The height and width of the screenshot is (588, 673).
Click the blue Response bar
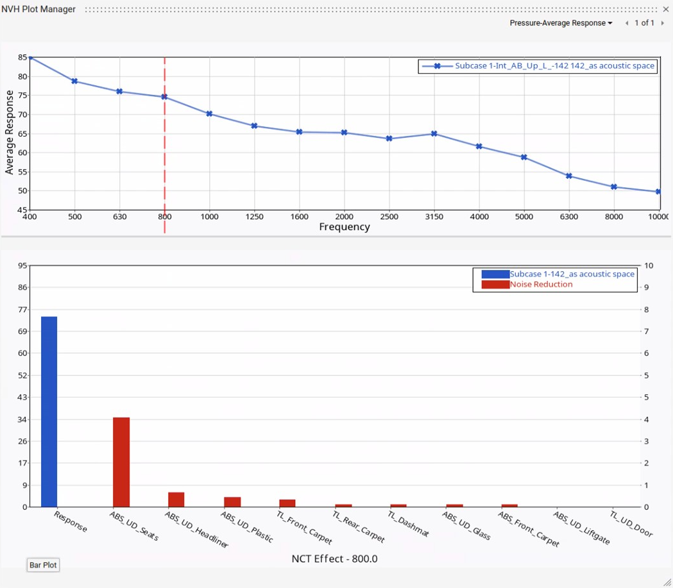49,411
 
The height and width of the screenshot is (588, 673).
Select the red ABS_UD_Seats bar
121,462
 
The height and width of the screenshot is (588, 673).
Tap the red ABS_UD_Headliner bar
176,500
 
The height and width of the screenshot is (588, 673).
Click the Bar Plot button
43,565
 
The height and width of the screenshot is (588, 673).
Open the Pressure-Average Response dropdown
561,23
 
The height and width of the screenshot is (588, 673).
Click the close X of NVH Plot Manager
665,9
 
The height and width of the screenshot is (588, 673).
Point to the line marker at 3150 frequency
434,134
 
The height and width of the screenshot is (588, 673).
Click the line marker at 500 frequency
74,81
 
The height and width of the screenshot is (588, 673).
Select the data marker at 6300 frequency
569,176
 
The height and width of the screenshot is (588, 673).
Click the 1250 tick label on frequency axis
255,217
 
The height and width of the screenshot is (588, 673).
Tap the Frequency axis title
345,227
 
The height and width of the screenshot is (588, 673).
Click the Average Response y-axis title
10,133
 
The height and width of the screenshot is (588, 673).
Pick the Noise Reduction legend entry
541,284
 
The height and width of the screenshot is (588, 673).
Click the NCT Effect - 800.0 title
334,559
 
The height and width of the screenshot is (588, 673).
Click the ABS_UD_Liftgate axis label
582,528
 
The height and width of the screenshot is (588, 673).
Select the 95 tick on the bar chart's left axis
22,265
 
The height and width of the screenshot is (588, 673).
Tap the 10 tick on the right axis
649,265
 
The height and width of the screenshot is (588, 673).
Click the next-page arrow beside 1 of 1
662,23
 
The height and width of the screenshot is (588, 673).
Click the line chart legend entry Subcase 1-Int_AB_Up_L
554,66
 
